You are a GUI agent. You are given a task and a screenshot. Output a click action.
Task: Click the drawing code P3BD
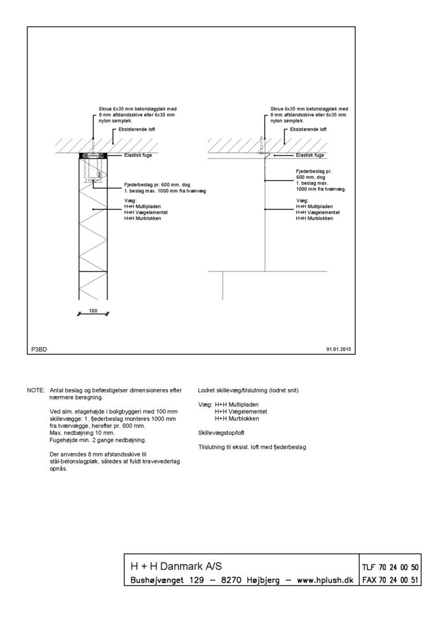[39, 349]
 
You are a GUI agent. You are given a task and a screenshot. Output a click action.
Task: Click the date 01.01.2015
[338, 349]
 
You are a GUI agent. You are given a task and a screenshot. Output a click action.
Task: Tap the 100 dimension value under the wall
[93, 310]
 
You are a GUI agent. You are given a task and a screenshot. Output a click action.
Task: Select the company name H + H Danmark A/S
[176, 566]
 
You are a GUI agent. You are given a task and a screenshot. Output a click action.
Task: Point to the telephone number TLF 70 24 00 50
[390, 566]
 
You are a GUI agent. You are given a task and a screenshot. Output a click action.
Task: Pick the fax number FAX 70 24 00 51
[390, 580]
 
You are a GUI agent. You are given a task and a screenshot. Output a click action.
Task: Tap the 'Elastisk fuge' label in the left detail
[138, 155]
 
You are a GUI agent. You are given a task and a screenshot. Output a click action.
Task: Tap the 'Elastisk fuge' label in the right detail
[310, 155]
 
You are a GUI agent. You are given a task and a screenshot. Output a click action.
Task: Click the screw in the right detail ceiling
[262, 147]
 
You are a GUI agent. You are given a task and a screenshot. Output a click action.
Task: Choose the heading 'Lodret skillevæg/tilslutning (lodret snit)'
[249, 390]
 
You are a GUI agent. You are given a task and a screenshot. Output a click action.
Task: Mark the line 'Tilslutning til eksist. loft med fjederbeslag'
[252, 447]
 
